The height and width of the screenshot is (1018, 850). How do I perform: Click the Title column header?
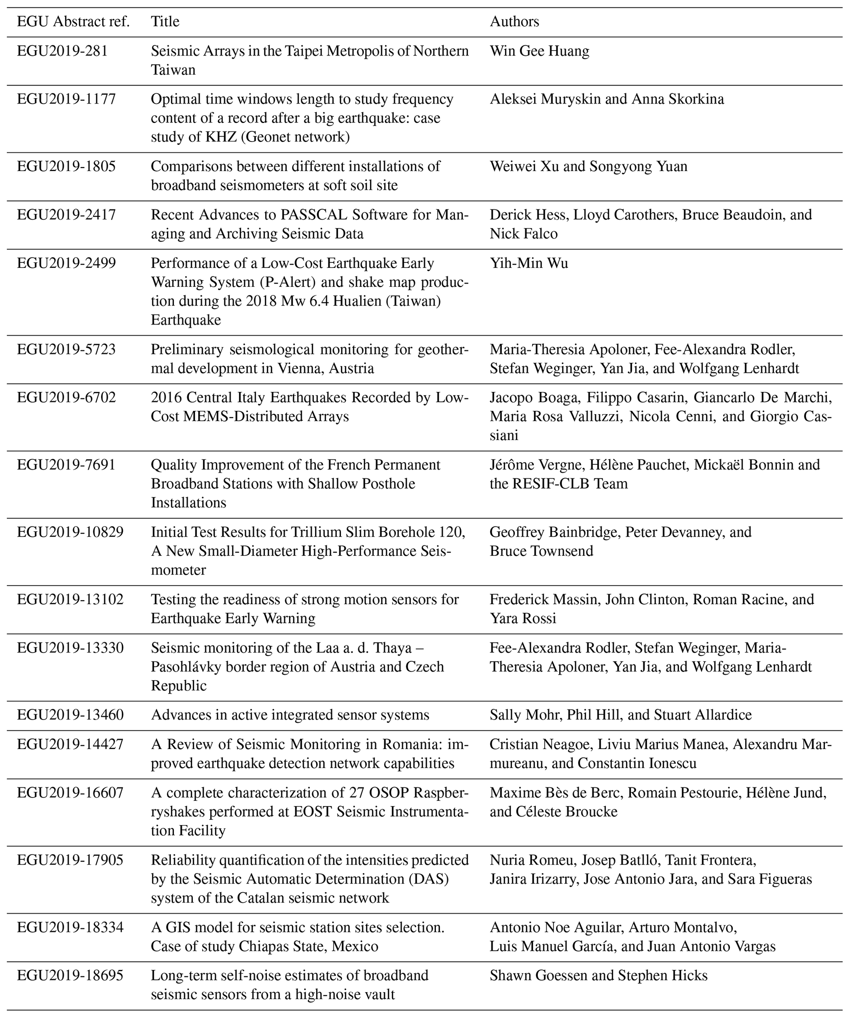click(x=165, y=22)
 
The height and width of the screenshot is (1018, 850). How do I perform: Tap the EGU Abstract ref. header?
click(x=73, y=22)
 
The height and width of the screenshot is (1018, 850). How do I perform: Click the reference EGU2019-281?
click(x=62, y=51)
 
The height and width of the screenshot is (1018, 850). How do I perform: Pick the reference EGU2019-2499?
click(x=66, y=263)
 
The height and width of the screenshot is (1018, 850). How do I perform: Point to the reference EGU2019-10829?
click(x=70, y=532)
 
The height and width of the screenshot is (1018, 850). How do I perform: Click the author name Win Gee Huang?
click(x=540, y=51)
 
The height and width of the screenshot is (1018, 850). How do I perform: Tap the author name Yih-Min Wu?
click(x=529, y=263)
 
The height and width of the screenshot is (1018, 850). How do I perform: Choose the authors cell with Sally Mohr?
click(x=620, y=714)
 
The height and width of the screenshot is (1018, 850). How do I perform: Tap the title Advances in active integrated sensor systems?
click(x=290, y=714)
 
